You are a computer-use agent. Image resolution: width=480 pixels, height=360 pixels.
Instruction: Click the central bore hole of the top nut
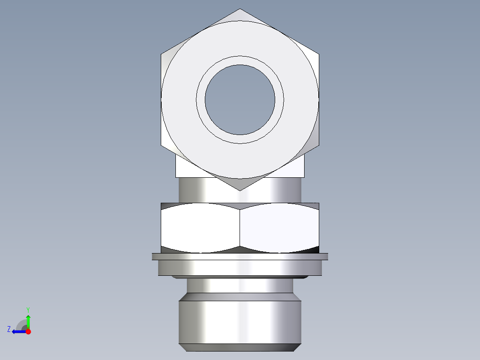click(x=240, y=100)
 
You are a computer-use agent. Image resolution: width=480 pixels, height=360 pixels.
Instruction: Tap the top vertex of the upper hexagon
click(x=240, y=9)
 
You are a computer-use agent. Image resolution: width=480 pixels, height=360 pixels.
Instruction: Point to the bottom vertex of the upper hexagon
click(x=240, y=190)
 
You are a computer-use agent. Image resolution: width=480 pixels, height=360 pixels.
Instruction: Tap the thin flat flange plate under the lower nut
click(x=240, y=256)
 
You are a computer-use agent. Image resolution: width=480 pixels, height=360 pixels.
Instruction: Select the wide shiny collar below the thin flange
click(x=240, y=267)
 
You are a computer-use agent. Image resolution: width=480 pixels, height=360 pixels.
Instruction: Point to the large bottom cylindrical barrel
click(x=240, y=321)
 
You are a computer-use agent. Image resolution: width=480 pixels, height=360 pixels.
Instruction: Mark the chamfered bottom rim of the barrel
click(x=240, y=348)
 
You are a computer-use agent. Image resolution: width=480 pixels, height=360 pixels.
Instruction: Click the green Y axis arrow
click(x=28, y=321)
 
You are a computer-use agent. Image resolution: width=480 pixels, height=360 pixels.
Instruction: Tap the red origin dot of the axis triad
click(x=28, y=331)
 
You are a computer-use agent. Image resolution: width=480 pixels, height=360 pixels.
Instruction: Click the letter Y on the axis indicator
click(x=28, y=309)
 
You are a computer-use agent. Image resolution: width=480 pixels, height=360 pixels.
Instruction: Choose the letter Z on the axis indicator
click(x=9, y=329)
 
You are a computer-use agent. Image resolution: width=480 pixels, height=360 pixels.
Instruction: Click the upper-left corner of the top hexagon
click(x=162, y=54)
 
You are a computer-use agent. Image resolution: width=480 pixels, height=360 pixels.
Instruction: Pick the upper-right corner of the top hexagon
click(x=318, y=54)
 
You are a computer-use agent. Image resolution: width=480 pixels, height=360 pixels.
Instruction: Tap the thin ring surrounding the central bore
click(x=240, y=61)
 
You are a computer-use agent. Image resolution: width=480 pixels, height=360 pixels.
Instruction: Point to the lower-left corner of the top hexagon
click(x=162, y=145)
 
